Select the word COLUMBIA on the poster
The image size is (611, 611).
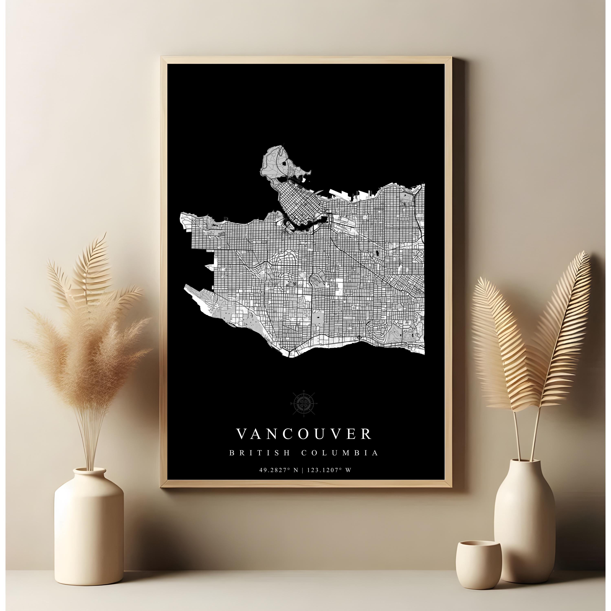[x=339, y=453]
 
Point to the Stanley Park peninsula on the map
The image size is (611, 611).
[x=278, y=164]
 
